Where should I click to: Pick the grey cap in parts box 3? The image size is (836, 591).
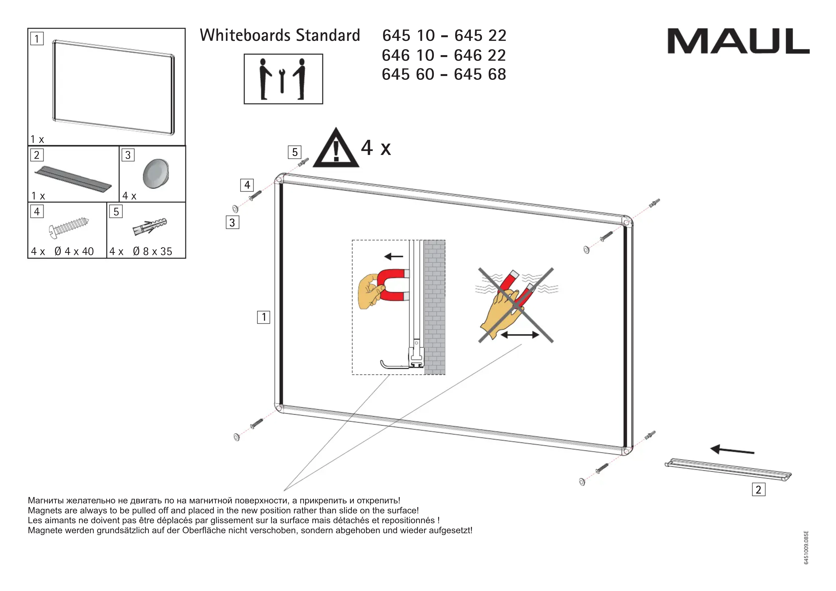click(x=156, y=174)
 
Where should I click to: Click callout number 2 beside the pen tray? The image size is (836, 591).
click(x=758, y=489)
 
